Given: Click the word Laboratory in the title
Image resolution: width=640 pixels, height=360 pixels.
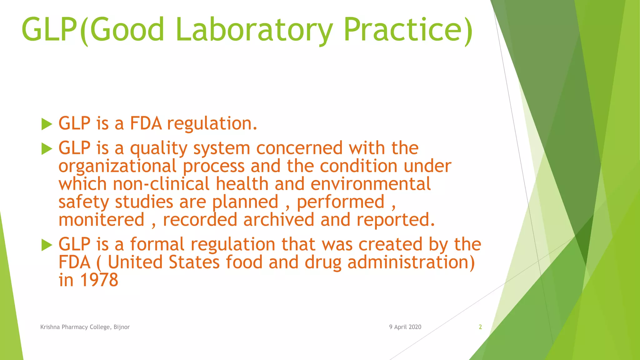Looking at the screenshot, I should coord(254,30).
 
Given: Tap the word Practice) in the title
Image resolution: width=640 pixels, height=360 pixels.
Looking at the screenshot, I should coord(408,30).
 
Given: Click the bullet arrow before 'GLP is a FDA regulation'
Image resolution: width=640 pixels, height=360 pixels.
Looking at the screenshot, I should coord(47,124).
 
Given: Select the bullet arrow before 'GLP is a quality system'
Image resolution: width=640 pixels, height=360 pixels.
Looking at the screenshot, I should coord(47,149).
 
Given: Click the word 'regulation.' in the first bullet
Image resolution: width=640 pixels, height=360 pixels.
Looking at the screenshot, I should coord(212,124).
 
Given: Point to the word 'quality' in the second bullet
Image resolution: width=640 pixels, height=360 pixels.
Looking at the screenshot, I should coord(159,148).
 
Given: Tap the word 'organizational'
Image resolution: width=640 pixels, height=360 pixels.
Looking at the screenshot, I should coord(117,167).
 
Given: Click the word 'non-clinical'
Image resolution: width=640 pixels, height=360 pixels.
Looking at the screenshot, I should coord(161,184).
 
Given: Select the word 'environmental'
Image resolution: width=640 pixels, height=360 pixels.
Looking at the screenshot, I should coord(371,184).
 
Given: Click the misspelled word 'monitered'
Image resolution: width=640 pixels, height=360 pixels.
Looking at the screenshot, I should coord(102,220).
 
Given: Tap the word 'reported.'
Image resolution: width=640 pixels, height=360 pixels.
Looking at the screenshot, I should coord(396,220).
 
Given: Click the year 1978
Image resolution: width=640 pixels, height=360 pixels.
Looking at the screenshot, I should coord(99,280).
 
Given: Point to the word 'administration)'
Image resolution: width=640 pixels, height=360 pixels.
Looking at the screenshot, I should coord(411,262).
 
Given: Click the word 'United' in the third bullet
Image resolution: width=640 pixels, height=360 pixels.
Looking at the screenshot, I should coord(135,262).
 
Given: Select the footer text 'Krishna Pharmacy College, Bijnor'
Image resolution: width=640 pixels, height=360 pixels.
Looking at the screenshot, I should coord(85,327).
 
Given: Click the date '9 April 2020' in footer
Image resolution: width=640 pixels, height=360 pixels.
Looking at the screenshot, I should coord(405,327).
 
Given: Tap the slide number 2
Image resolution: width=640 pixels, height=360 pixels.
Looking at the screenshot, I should coord(480,327).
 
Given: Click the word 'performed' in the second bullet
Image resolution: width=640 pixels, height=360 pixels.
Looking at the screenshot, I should coord(341,202).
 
